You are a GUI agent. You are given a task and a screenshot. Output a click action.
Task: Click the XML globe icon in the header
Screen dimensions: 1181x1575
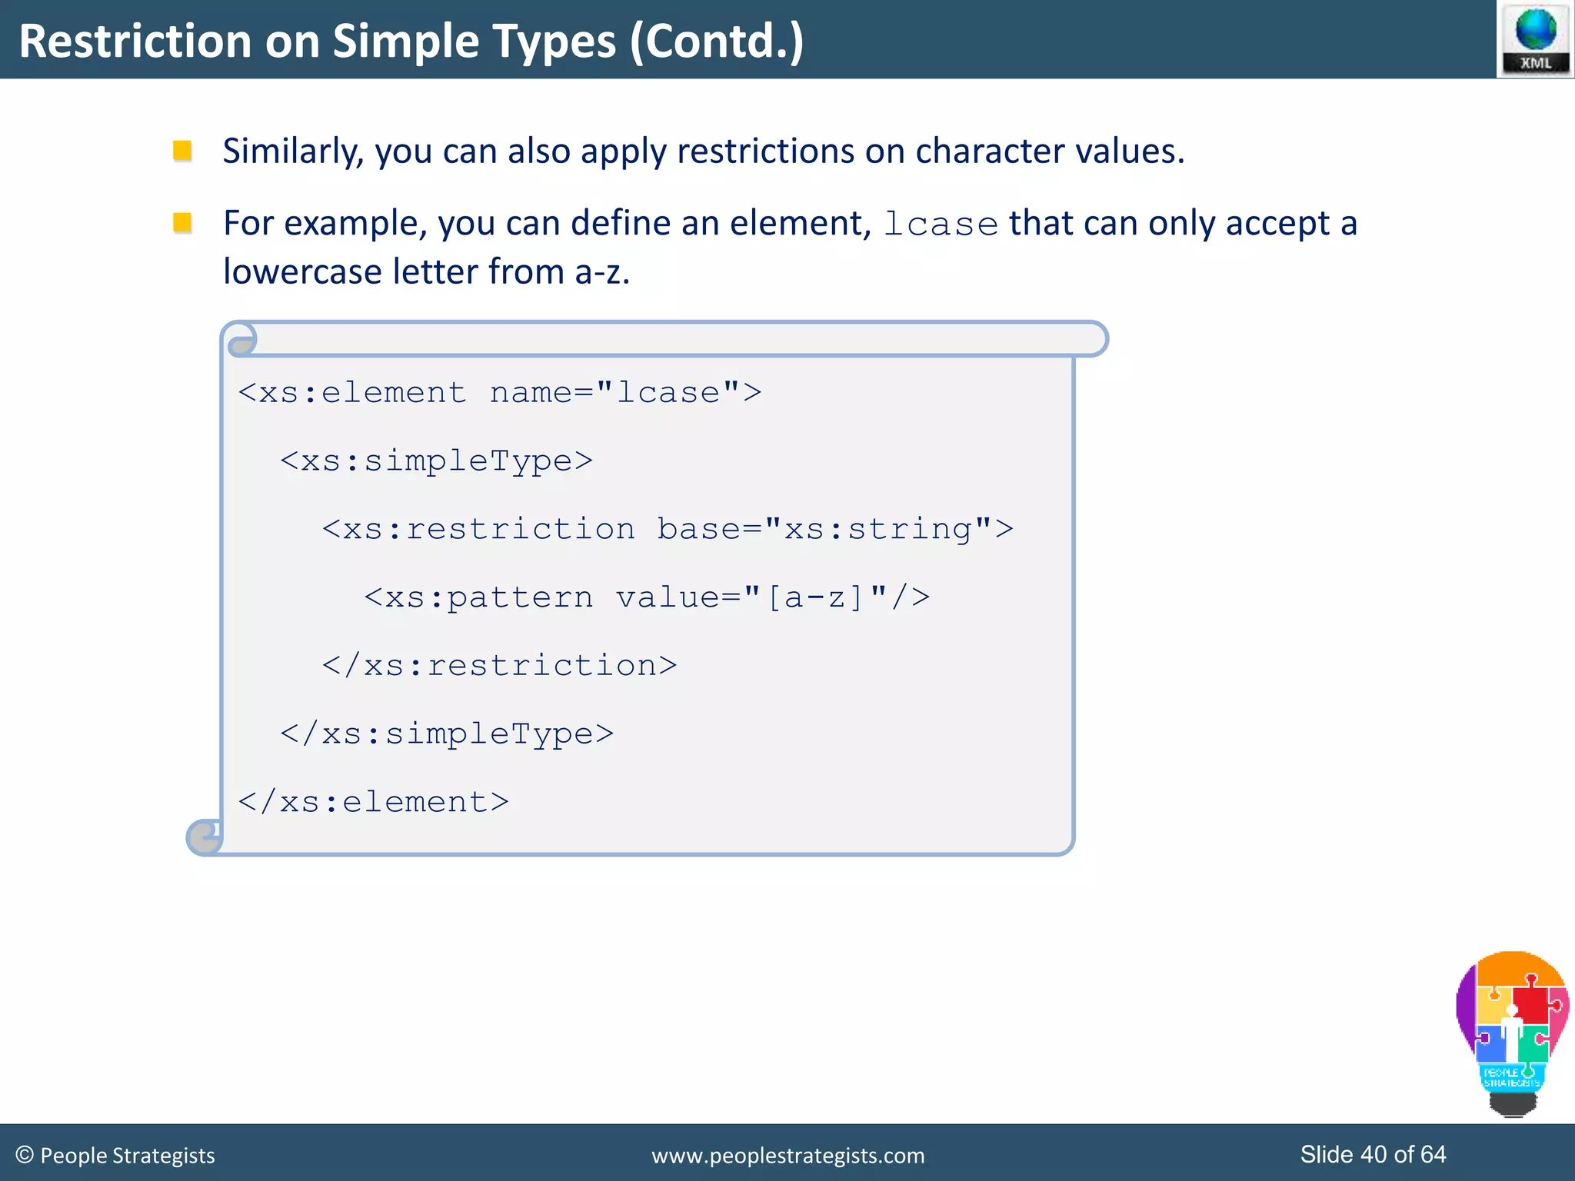pyautogui.click(x=1535, y=38)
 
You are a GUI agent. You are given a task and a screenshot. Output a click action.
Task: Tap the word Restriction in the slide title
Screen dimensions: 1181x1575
pyautogui.click(x=135, y=42)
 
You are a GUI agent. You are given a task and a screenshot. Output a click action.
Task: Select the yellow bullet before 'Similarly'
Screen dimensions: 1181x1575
pyautogui.click(x=182, y=151)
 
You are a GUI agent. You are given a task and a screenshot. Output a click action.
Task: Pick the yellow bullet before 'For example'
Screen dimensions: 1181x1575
pyautogui.click(x=182, y=223)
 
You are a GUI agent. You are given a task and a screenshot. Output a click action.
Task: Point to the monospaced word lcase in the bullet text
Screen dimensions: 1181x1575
pyautogui.click(x=940, y=225)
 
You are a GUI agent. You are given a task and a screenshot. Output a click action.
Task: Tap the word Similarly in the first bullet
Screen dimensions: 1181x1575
pyautogui.click(x=292, y=151)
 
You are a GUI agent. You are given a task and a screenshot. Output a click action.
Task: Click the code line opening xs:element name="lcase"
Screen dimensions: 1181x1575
pyautogui.click(x=500, y=393)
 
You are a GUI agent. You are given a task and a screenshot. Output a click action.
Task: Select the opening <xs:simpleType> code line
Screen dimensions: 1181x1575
pyautogui.click(x=436, y=461)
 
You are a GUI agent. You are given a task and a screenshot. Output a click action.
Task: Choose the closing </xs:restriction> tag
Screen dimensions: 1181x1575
pyautogui.click(x=500, y=666)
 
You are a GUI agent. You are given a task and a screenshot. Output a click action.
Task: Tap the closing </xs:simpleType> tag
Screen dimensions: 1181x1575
pyautogui.click(x=447, y=734)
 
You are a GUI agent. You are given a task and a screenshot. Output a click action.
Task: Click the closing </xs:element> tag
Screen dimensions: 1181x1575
pyautogui.click(x=374, y=803)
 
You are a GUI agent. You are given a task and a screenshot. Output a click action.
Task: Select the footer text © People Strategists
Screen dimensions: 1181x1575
pyautogui.click(x=115, y=1155)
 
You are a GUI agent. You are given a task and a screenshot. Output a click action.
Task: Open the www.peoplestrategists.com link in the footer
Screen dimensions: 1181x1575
pyautogui.click(x=787, y=1156)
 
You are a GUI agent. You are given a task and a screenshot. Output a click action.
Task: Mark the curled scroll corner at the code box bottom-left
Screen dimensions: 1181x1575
pyautogui.click(x=205, y=837)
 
